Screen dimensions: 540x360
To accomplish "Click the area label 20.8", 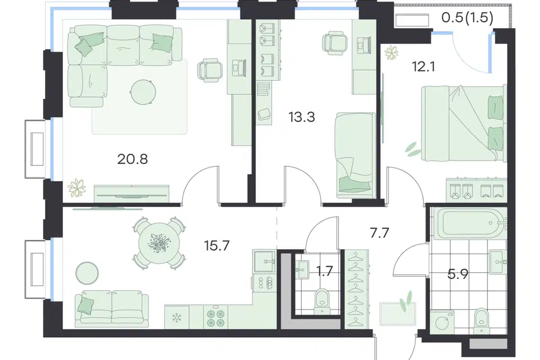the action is point(133,159).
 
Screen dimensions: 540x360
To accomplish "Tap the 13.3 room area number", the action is point(301,117).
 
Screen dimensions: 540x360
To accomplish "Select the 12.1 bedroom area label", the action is point(424,66).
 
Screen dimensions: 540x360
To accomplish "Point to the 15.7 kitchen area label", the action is point(217,246).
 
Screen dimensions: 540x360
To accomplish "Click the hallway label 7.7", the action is point(380,233).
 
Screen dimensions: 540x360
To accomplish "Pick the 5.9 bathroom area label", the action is point(458,274).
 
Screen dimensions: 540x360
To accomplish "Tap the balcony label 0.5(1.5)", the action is point(467,17).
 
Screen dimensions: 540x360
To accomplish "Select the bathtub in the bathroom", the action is point(469,223).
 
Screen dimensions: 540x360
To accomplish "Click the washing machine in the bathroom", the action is point(442,322).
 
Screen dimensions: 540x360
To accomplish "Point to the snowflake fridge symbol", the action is point(177,318).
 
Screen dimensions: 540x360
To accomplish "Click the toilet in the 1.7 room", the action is point(322,301).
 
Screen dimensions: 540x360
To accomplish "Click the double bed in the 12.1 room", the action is point(464,124).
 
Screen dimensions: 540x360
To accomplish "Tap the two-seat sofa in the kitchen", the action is point(112,308).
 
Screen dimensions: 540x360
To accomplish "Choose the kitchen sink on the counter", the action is point(264,262).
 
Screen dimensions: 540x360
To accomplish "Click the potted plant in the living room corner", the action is point(77,188).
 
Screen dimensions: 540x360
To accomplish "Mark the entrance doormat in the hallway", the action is point(398,313).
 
